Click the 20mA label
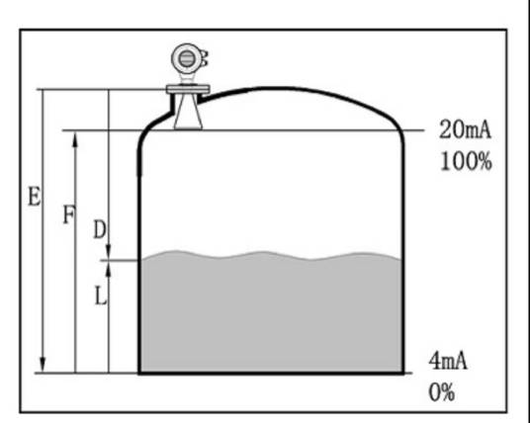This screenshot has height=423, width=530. tap(465, 130)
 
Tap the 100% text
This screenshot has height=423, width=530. tap(466, 161)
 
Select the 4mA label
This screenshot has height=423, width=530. tap(448, 361)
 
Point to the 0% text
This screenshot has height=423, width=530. tap(441, 392)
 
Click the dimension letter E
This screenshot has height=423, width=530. tap(35, 197)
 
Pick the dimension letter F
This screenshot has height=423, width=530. tap(69, 214)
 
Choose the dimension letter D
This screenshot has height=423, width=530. tap(99, 229)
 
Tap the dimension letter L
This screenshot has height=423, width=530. tap(101, 297)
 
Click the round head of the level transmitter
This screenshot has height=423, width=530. tap(186, 58)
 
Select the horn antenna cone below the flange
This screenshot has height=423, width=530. tap(188, 112)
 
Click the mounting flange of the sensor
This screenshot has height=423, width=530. tap(188, 89)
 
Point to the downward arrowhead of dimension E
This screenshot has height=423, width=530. tap(43, 365)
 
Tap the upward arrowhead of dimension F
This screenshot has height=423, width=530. tap(75, 139)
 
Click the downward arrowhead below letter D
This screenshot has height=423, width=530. tap(109, 251)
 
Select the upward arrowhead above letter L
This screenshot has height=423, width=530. tap(109, 270)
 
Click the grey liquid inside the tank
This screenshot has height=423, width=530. tap(271, 314)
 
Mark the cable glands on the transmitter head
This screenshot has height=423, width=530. tap(204, 58)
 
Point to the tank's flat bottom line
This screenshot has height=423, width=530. tap(271, 373)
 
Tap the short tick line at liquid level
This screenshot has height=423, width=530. tap(120, 261)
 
